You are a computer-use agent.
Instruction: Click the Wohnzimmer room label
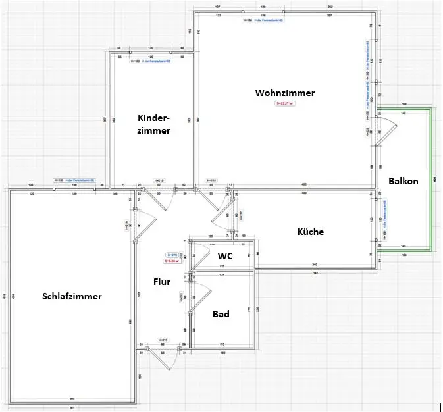[285, 93]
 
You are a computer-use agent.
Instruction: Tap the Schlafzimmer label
[72, 296]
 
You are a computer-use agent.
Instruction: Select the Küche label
[311, 232]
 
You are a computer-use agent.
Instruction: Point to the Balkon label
[403, 181]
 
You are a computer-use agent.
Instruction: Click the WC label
[225, 255]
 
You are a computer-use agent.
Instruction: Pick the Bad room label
[221, 314]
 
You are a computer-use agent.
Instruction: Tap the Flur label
[162, 282]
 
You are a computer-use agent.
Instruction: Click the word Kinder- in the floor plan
[154, 118]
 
